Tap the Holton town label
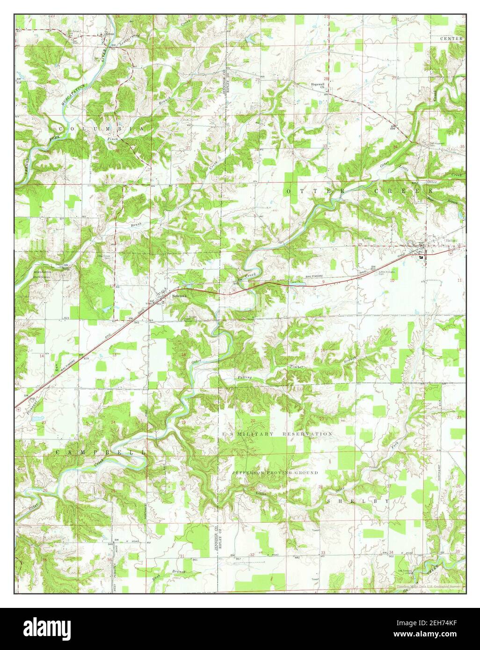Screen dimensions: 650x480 tap(451, 240)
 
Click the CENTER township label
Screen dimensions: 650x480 tap(451, 38)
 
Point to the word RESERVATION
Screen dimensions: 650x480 tap(307, 434)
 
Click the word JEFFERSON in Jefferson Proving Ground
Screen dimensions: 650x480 tap(248, 473)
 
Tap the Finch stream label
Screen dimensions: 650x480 tap(113, 139)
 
